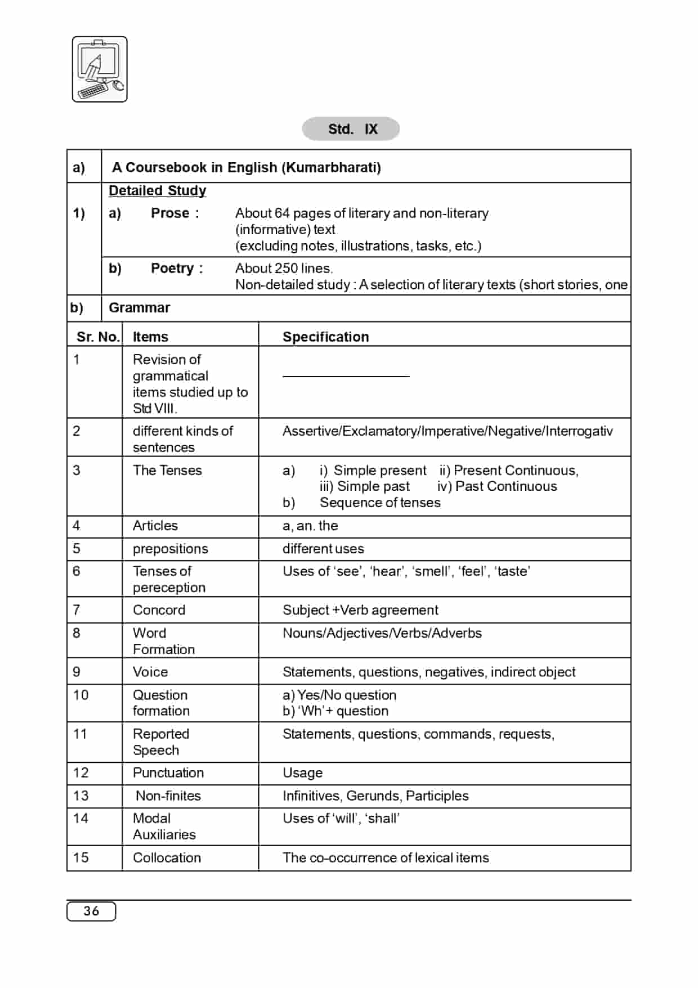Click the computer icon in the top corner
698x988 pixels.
coord(100,69)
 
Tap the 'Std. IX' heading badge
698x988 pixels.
coord(351,129)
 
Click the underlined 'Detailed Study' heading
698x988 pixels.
coord(157,191)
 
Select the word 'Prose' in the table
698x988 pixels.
coord(170,213)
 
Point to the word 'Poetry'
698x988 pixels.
coord(172,269)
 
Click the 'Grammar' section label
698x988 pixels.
coord(139,308)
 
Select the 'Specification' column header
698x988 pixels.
coord(325,337)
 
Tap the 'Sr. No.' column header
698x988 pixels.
coord(98,337)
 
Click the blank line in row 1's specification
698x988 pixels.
coord(346,376)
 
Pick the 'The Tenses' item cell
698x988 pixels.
coord(167,470)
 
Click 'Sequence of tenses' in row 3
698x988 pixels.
coord(380,503)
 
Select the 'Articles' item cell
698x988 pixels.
coord(155,526)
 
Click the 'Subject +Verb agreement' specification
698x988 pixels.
coord(360,610)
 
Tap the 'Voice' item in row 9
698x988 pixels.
coord(150,672)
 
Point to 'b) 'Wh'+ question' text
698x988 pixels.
coord(335,711)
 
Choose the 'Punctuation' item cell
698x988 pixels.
coord(168,773)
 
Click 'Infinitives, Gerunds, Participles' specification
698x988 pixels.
coord(375,795)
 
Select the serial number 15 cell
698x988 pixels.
coord(81,857)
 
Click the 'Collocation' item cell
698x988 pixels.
coord(167,857)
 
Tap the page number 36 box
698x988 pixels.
coord(91,911)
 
